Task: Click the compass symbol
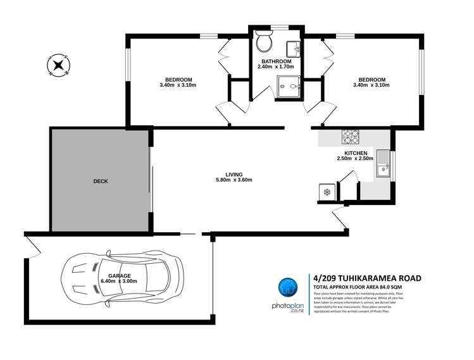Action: [x=58, y=64]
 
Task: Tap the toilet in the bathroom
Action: [x=264, y=42]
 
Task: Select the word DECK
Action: [x=100, y=181]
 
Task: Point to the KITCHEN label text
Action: [x=355, y=153]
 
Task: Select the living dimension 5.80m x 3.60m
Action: [x=234, y=180]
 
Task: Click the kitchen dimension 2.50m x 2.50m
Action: [x=355, y=159]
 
